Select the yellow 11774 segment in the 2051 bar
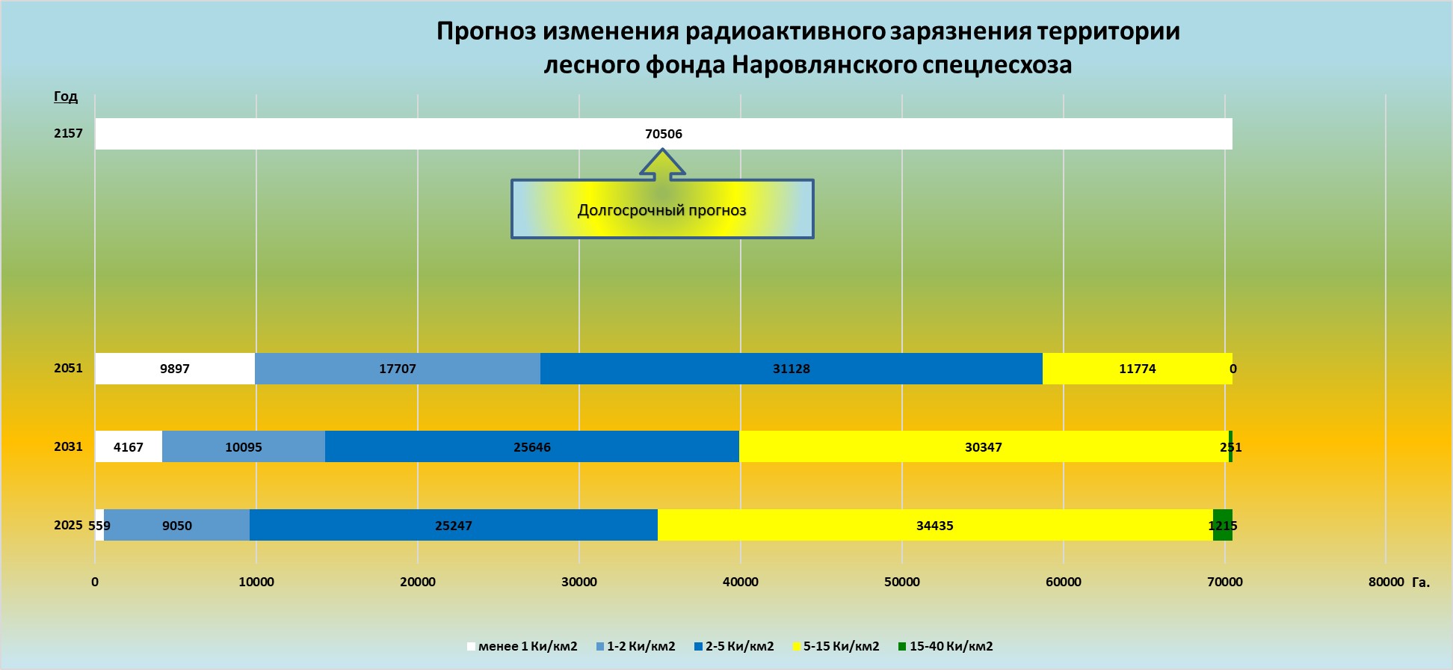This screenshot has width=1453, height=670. tap(1136, 369)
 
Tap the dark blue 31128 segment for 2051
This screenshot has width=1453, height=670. tap(791, 369)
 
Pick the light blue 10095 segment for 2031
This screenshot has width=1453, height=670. tap(243, 447)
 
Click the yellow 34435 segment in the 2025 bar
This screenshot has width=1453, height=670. tap(934, 526)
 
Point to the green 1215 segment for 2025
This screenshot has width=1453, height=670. tap(1222, 526)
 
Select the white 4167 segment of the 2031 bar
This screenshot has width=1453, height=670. tap(129, 447)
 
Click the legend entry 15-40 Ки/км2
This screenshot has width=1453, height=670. tap(945, 646)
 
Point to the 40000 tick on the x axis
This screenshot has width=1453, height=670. tap(740, 582)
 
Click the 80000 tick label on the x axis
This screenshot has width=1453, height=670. tap(1386, 582)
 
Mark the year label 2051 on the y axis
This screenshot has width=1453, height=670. tap(68, 368)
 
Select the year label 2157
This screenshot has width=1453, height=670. tap(68, 133)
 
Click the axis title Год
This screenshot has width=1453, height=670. tap(66, 96)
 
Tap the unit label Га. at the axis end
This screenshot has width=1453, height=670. tap(1420, 583)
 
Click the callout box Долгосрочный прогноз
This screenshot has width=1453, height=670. tap(662, 210)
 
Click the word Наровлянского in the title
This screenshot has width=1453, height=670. tap(824, 65)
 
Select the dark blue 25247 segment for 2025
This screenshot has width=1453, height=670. tap(453, 526)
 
